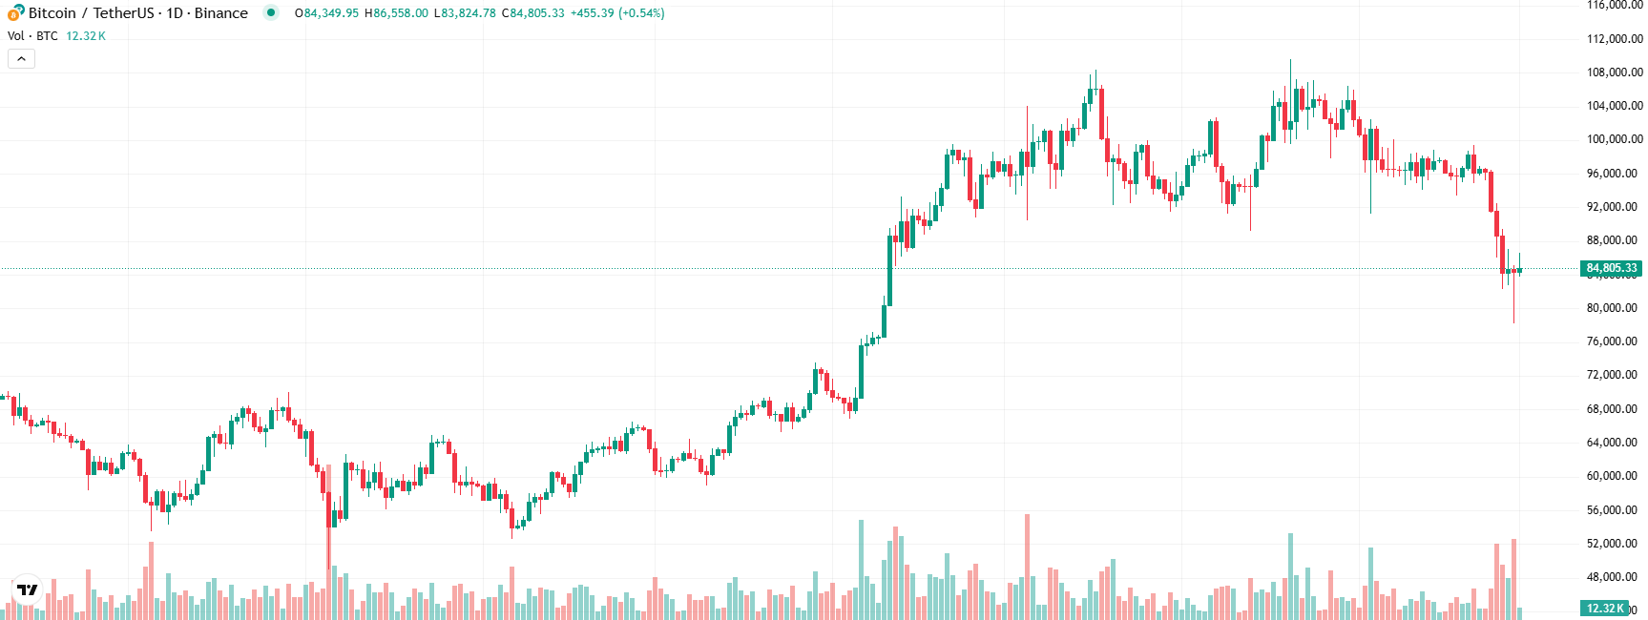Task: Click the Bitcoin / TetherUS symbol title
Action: point(137,13)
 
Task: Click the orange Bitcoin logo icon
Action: point(15,13)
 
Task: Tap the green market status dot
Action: point(271,12)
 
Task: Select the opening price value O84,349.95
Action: point(326,13)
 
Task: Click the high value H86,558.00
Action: point(396,13)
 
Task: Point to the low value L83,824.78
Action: point(465,13)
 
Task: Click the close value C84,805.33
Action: point(532,13)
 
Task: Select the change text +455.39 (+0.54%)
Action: point(617,13)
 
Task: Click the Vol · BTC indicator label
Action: point(32,36)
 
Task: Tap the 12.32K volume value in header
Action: point(86,36)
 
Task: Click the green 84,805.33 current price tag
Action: point(1612,268)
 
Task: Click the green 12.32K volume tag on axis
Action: point(1605,609)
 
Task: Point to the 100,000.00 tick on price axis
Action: point(1615,139)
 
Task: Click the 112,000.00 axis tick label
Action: point(1615,39)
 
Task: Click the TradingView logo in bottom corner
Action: point(28,589)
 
